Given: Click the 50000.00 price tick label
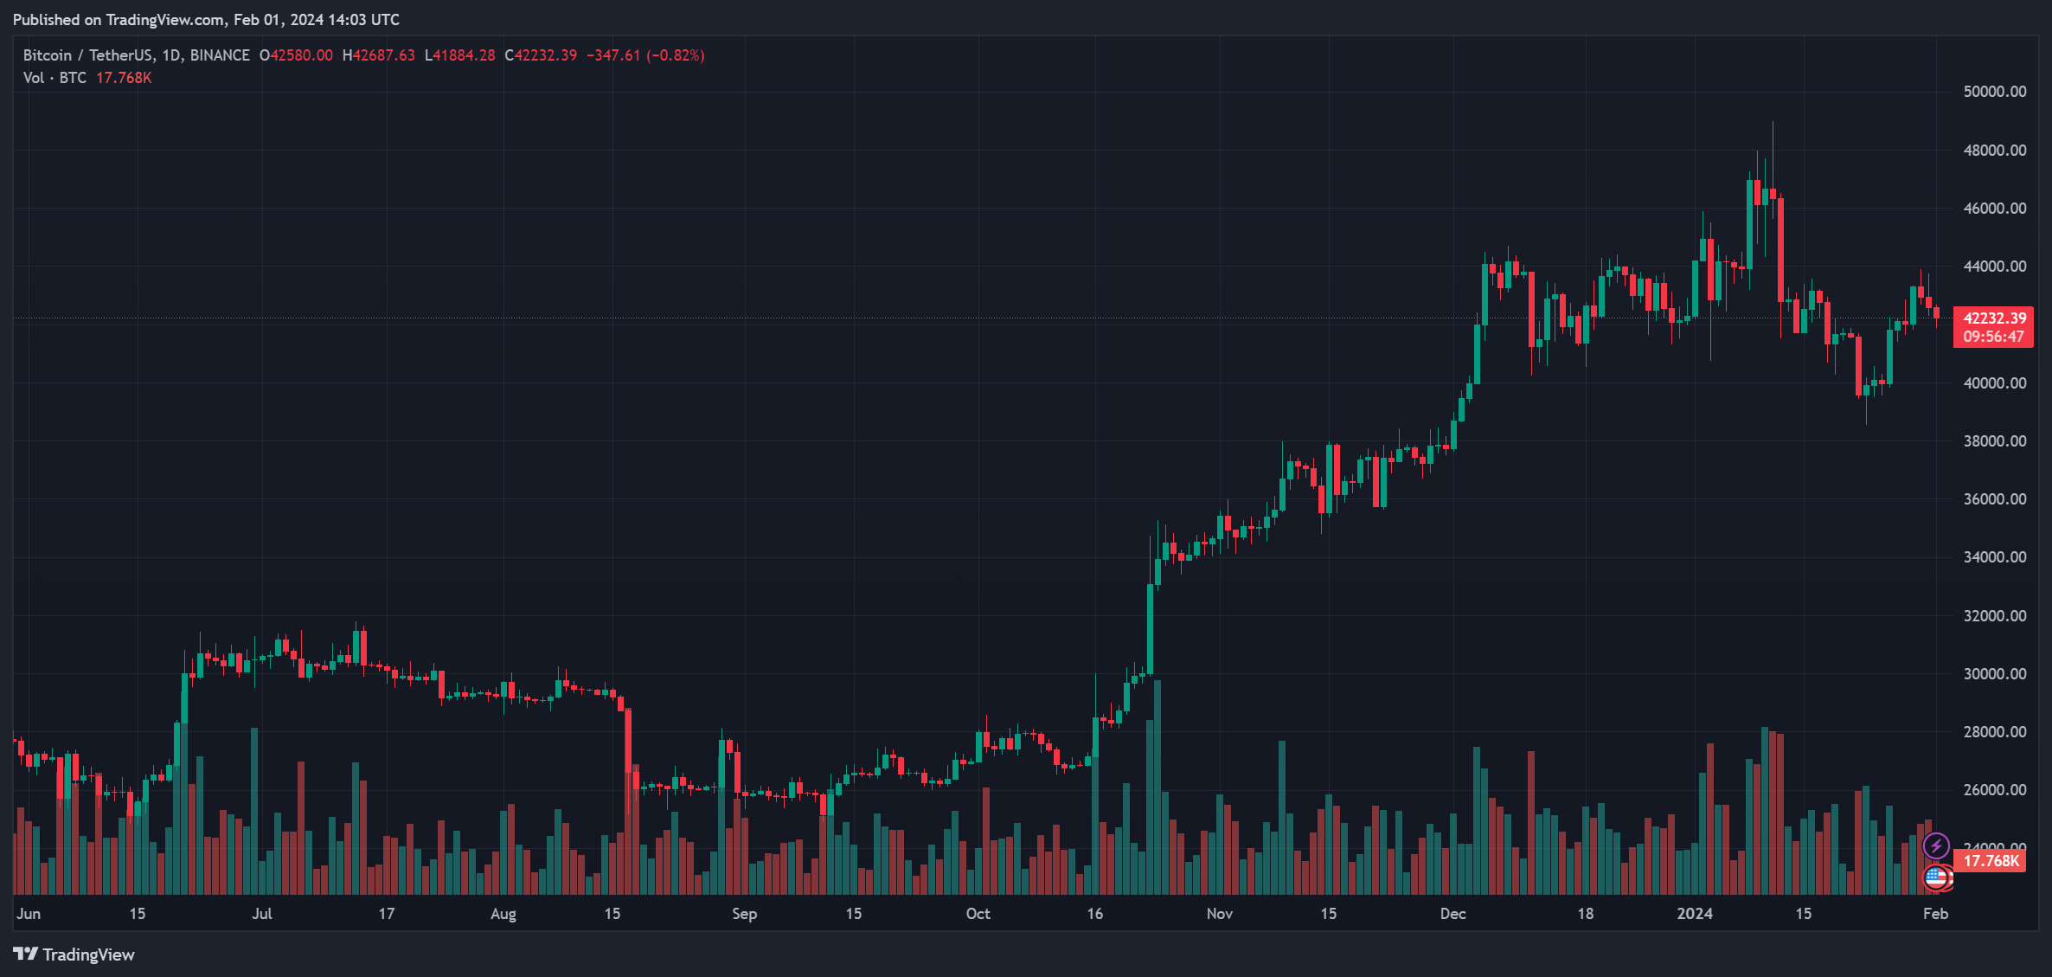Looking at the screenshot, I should (x=1994, y=92).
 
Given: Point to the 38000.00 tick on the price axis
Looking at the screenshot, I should (x=1994, y=441).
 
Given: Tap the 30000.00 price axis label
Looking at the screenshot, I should (x=1994, y=674).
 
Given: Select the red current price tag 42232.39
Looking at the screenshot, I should (x=1994, y=318).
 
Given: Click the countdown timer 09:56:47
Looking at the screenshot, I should (x=1993, y=337).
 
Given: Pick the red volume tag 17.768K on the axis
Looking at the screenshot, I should (x=1991, y=861).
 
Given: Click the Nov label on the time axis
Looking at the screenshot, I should (x=1219, y=914).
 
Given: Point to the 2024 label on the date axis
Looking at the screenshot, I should (x=1694, y=914).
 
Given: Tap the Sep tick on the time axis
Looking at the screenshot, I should (x=744, y=914).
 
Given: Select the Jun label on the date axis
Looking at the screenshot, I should (x=29, y=914).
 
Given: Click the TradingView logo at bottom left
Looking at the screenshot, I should (x=74, y=955).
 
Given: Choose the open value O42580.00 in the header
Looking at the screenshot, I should (x=296, y=55).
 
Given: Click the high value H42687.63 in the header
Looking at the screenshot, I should (x=378, y=55).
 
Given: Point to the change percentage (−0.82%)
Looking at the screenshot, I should (x=675, y=55).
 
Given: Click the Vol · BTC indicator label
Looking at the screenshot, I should (x=55, y=78).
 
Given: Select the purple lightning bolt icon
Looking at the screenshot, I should (x=1936, y=845).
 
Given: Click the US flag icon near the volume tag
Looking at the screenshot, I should (x=1936, y=877).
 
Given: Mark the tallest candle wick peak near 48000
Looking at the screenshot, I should (x=1773, y=124).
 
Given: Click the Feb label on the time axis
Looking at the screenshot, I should (x=1935, y=914).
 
